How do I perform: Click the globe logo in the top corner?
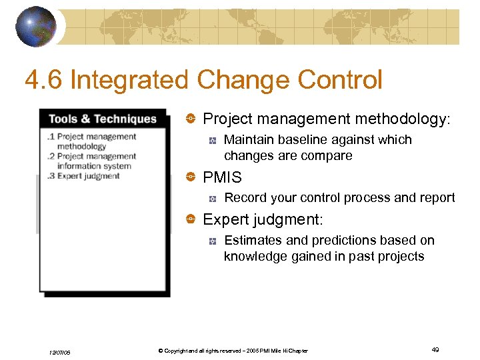tap(36, 26)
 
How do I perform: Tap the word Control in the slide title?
tap(340, 81)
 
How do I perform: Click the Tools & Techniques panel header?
tap(103, 119)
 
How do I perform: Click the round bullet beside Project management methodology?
tap(190, 119)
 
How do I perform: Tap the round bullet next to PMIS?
tap(190, 177)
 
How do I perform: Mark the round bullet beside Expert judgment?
tap(190, 219)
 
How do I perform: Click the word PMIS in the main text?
tap(222, 177)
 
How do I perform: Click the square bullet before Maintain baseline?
tap(212, 141)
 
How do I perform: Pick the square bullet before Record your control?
tap(212, 198)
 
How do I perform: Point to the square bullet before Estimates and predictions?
tap(212, 241)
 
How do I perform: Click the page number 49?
tap(435, 350)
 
